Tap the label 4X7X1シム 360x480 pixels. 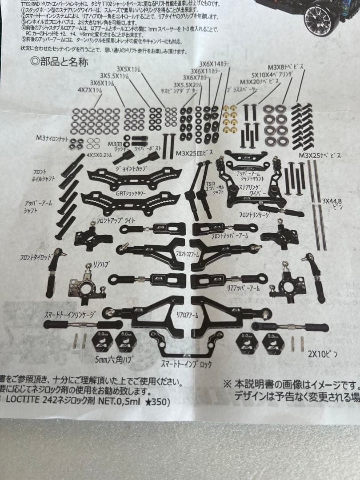click(x=90, y=89)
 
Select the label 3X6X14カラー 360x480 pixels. click(x=215, y=64)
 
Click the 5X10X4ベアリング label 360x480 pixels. click(x=272, y=75)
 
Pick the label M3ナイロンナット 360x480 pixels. click(x=52, y=139)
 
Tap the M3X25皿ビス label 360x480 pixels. click(x=192, y=153)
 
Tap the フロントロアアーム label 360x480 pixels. click(x=187, y=254)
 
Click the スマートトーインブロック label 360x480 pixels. click(x=186, y=364)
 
